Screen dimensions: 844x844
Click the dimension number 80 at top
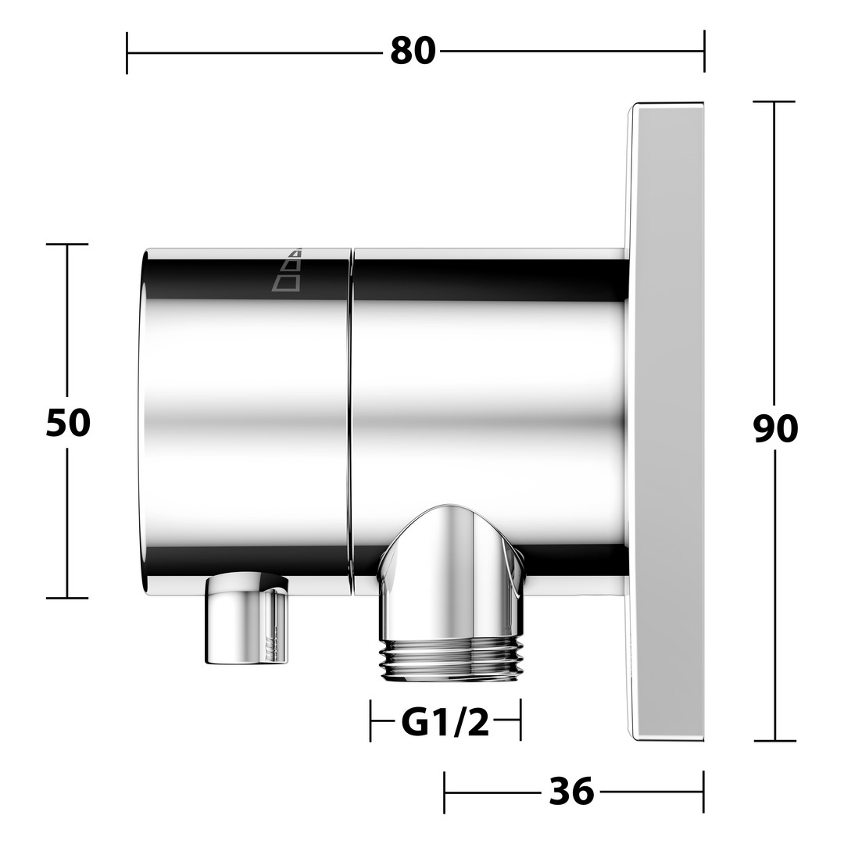(413, 52)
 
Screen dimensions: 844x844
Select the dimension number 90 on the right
(775, 429)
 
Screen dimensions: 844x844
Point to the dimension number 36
(571, 791)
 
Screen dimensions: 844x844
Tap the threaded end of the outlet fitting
(451, 658)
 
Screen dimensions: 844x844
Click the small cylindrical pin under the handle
(247, 618)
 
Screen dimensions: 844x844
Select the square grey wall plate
(667, 421)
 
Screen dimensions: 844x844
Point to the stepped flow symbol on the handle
(286, 270)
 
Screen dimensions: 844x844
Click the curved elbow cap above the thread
(451, 571)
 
